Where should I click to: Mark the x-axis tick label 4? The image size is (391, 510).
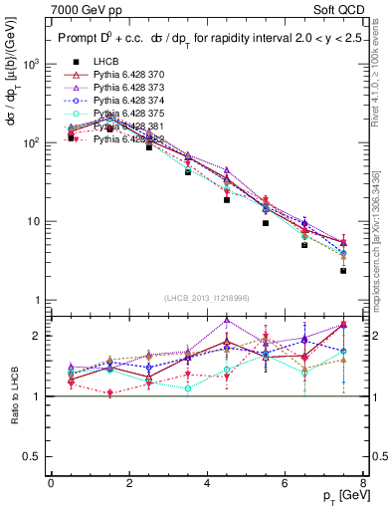206,483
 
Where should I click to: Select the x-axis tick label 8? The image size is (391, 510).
363,483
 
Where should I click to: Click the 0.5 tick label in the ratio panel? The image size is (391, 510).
28,456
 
